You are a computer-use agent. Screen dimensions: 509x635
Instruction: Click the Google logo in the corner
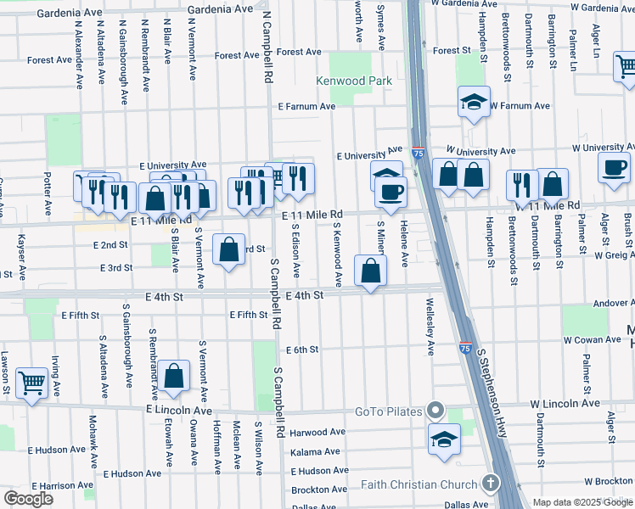coord(29,499)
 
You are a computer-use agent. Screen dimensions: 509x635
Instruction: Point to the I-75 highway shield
coord(419,152)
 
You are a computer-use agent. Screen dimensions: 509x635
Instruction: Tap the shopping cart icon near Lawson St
coord(31,383)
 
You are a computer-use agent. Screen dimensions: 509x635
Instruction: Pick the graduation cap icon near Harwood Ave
coord(442,439)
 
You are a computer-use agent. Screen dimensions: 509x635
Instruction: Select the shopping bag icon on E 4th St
coord(371,272)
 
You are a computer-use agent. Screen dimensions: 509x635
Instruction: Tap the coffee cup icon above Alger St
coord(614,168)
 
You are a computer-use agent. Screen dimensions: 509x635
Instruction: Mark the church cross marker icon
coord(490,484)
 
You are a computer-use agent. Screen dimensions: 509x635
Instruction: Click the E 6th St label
coord(302,350)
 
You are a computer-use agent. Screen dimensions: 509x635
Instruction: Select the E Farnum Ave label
coord(307,107)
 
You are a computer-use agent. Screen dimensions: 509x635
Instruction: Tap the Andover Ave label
coord(607,302)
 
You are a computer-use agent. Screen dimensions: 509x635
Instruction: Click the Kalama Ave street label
coord(315,452)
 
